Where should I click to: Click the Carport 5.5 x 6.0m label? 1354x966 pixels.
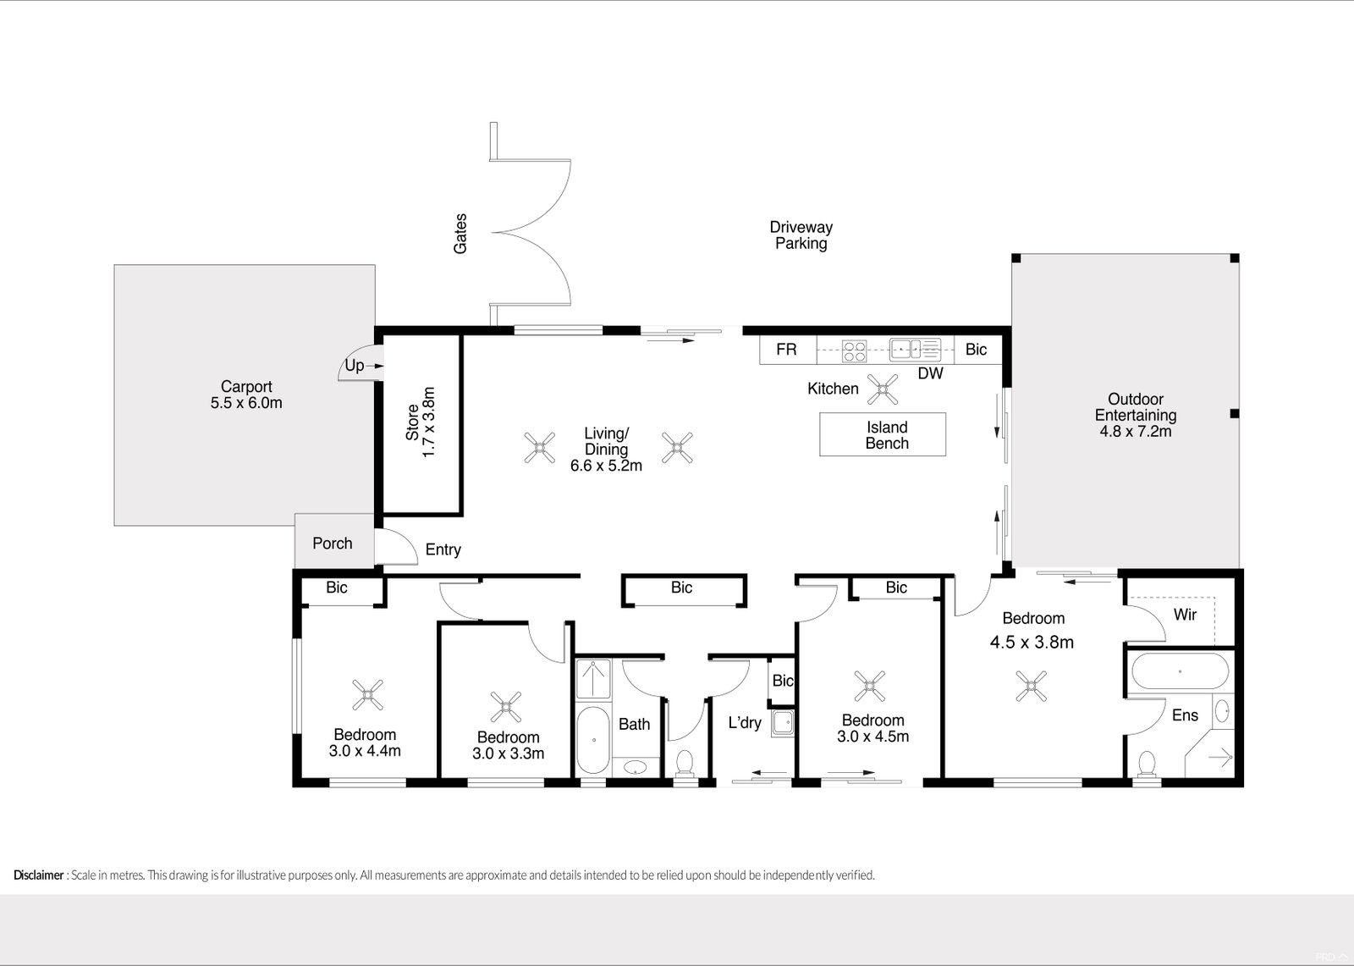[246, 395]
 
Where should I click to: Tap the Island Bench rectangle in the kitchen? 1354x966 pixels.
[883, 434]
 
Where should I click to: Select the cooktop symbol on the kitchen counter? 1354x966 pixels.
[854, 351]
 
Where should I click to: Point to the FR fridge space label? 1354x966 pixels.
[786, 349]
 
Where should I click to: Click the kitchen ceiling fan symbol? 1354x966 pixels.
[883, 389]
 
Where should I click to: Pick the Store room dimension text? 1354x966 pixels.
[428, 422]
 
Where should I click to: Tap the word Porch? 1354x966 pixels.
[333, 544]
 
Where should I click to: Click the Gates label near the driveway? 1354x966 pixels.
[460, 234]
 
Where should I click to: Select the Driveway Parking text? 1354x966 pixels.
[801, 235]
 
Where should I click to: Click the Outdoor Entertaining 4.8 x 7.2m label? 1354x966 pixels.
[1135, 415]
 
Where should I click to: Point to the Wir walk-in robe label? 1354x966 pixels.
[1185, 615]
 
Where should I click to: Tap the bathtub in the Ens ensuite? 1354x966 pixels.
[1180, 671]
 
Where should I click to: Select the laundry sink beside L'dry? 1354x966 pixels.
[783, 723]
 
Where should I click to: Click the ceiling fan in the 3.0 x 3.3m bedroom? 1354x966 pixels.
[506, 706]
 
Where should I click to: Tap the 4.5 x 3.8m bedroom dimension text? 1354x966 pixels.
[1032, 643]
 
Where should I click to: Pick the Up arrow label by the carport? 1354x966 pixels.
[355, 366]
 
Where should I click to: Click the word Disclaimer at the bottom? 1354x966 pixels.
[39, 875]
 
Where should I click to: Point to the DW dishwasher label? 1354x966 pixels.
[930, 374]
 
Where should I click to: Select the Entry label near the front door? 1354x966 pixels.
[443, 549]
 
